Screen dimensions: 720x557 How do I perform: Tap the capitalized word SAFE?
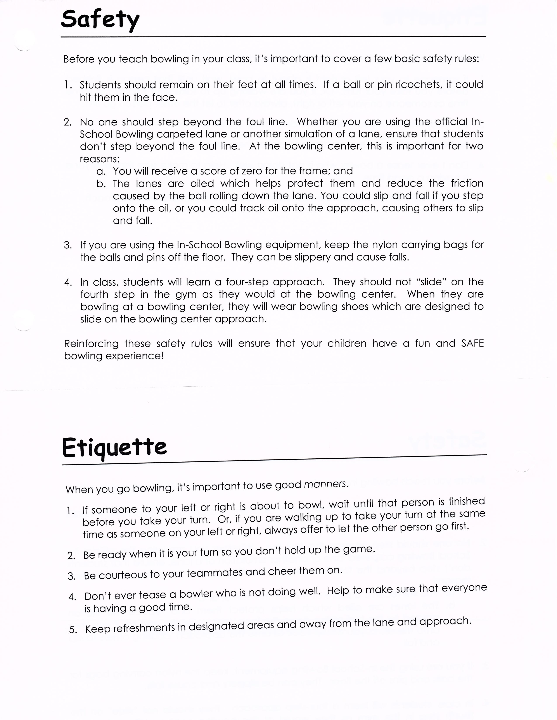tap(472, 343)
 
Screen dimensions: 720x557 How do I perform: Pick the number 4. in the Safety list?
tap(68, 283)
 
